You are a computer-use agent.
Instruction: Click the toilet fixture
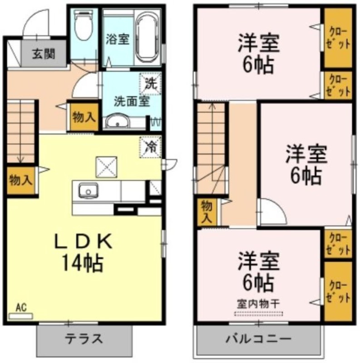click(x=84, y=25)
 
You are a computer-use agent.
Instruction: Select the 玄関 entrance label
click(x=44, y=54)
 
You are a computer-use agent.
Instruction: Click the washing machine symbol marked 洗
click(x=150, y=83)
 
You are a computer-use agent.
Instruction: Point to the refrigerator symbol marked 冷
click(x=150, y=147)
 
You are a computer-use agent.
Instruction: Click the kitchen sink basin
click(x=88, y=191)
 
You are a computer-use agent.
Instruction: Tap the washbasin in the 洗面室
click(x=117, y=121)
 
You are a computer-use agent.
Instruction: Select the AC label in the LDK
click(x=21, y=308)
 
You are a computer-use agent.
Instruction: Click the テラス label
click(x=84, y=339)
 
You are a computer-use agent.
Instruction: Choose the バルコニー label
click(x=258, y=339)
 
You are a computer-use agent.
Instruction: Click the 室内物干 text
click(x=258, y=304)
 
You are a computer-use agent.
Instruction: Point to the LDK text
click(x=84, y=241)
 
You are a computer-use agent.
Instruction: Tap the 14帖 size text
click(x=83, y=263)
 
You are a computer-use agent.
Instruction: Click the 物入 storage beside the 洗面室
click(x=84, y=117)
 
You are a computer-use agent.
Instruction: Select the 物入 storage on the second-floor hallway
click(x=207, y=212)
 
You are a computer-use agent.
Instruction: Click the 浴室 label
click(x=118, y=39)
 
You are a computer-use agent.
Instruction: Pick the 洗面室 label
click(x=131, y=101)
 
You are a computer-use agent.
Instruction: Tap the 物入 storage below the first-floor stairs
click(x=20, y=180)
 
